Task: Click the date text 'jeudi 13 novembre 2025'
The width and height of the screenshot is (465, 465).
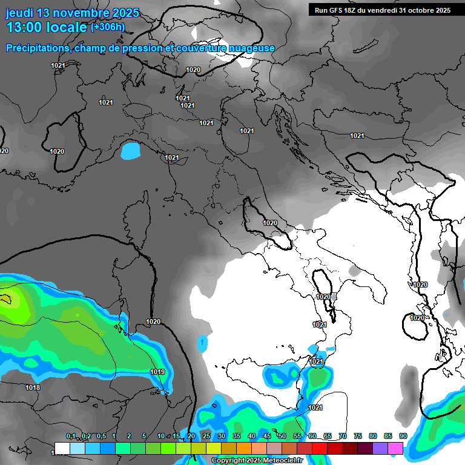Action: click(72, 13)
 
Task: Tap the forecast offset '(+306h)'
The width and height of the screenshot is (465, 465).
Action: click(107, 27)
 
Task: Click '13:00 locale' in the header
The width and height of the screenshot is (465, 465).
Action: click(46, 27)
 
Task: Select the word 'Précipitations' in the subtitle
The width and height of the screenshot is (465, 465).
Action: click(36, 48)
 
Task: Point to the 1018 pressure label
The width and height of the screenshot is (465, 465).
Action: click(33, 387)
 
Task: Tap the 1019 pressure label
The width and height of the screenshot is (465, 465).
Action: click(157, 372)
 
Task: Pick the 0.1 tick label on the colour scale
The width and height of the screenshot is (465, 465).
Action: click(71, 437)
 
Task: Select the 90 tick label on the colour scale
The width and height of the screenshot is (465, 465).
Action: click(403, 437)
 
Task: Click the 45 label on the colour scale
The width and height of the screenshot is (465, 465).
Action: click(266, 437)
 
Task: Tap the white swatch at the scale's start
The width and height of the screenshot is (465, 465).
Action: click(62, 448)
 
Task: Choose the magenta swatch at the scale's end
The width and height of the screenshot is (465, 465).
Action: click(395, 448)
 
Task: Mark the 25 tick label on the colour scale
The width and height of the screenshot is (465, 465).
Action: click(206, 437)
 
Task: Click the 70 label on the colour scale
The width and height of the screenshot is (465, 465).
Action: click(342, 437)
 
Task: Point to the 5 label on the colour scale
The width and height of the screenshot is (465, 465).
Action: click(144, 437)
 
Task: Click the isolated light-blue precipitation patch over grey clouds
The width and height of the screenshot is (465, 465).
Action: click(130, 150)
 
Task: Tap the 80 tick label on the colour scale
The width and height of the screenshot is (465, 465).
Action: click(372, 437)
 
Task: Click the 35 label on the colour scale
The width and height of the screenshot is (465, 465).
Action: click(236, 437)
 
